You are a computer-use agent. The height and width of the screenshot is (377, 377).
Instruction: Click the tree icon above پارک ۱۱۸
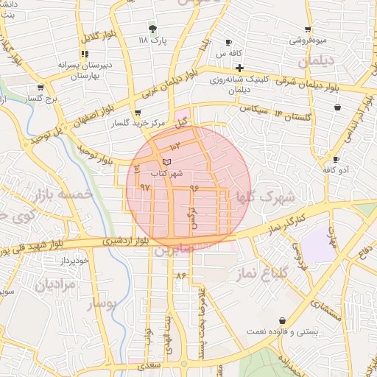[152, 29]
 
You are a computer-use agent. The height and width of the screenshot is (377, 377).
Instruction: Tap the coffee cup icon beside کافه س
[228, 42]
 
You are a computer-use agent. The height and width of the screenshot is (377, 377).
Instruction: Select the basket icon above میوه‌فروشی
[307, 30]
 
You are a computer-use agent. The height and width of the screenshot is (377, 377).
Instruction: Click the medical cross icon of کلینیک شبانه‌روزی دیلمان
[239, 68]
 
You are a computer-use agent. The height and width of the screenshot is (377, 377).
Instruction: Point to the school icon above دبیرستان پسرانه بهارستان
[85, 54]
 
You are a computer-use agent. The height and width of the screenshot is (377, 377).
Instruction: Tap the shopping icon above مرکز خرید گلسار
[138, 113]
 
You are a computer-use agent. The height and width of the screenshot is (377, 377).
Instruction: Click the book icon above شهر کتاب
[166, 161]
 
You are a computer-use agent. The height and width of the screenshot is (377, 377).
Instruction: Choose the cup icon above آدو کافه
[337, 159]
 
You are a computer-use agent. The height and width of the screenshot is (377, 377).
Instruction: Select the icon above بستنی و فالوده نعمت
[283, 320]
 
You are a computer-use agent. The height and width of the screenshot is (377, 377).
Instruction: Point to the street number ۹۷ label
[145, 187]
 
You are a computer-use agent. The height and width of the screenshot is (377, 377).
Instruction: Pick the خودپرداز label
[75, 261]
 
